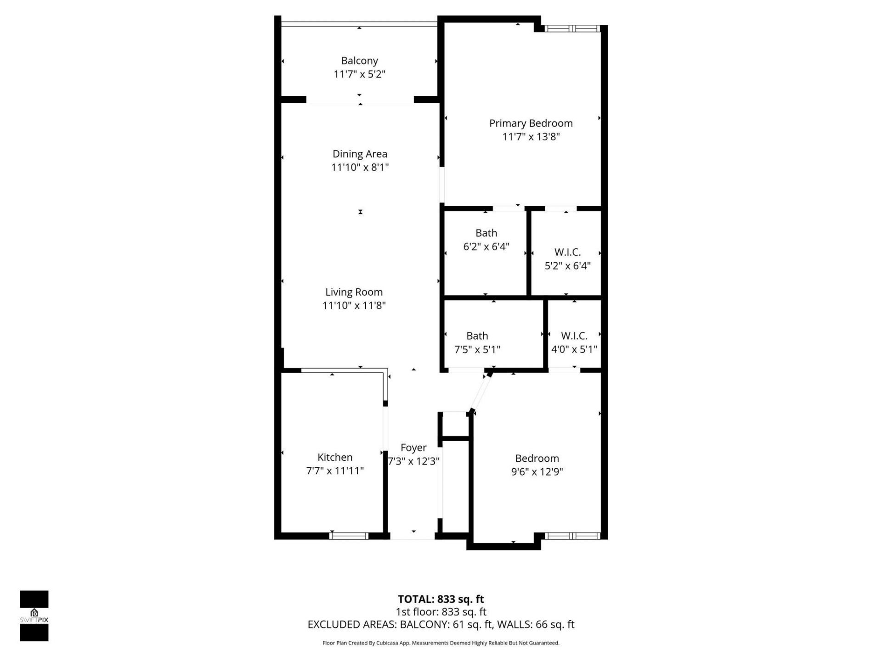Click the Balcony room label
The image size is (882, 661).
coord(359,61)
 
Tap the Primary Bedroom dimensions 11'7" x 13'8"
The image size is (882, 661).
coord(531,137)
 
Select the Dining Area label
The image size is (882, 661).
coord(360,154)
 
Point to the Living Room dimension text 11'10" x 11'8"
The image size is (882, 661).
coord(354,305)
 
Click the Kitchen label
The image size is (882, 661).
coord(335,457)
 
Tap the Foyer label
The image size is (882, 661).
coord(413,448)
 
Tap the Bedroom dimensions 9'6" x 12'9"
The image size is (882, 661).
coord(537,471)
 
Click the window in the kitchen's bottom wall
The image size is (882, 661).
coord(349,535)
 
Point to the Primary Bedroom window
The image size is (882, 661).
coord(572,28)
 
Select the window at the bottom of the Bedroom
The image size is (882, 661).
coord(572,535)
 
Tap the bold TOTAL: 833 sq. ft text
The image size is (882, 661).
coord(441,599)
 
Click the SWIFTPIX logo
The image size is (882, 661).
coord(34,616)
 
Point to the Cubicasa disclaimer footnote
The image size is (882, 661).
coord(441,643)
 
